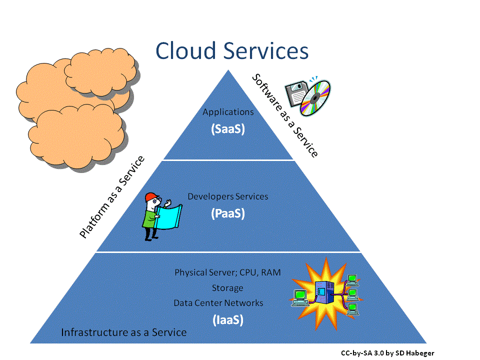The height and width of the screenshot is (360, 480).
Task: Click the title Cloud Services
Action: coord(231,51)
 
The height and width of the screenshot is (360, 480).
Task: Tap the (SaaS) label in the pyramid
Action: coord(227,128)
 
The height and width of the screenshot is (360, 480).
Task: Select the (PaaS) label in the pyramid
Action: coord(227,213)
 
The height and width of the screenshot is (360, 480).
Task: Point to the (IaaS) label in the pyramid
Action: coord(227,319)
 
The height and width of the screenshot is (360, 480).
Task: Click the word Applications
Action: coord(228,112)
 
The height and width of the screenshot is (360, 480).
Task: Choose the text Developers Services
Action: coord(227,196)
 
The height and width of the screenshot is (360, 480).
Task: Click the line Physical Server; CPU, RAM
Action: coord(227,273)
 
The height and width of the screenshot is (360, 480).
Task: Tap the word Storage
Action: coord(227,288)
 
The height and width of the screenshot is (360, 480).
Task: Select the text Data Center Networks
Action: coord(218,303)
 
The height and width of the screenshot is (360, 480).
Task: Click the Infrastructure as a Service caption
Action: coord(123,332)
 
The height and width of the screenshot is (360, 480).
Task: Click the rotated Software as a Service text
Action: coord(284,115)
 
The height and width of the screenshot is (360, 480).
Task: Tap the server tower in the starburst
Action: coord(323,293)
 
